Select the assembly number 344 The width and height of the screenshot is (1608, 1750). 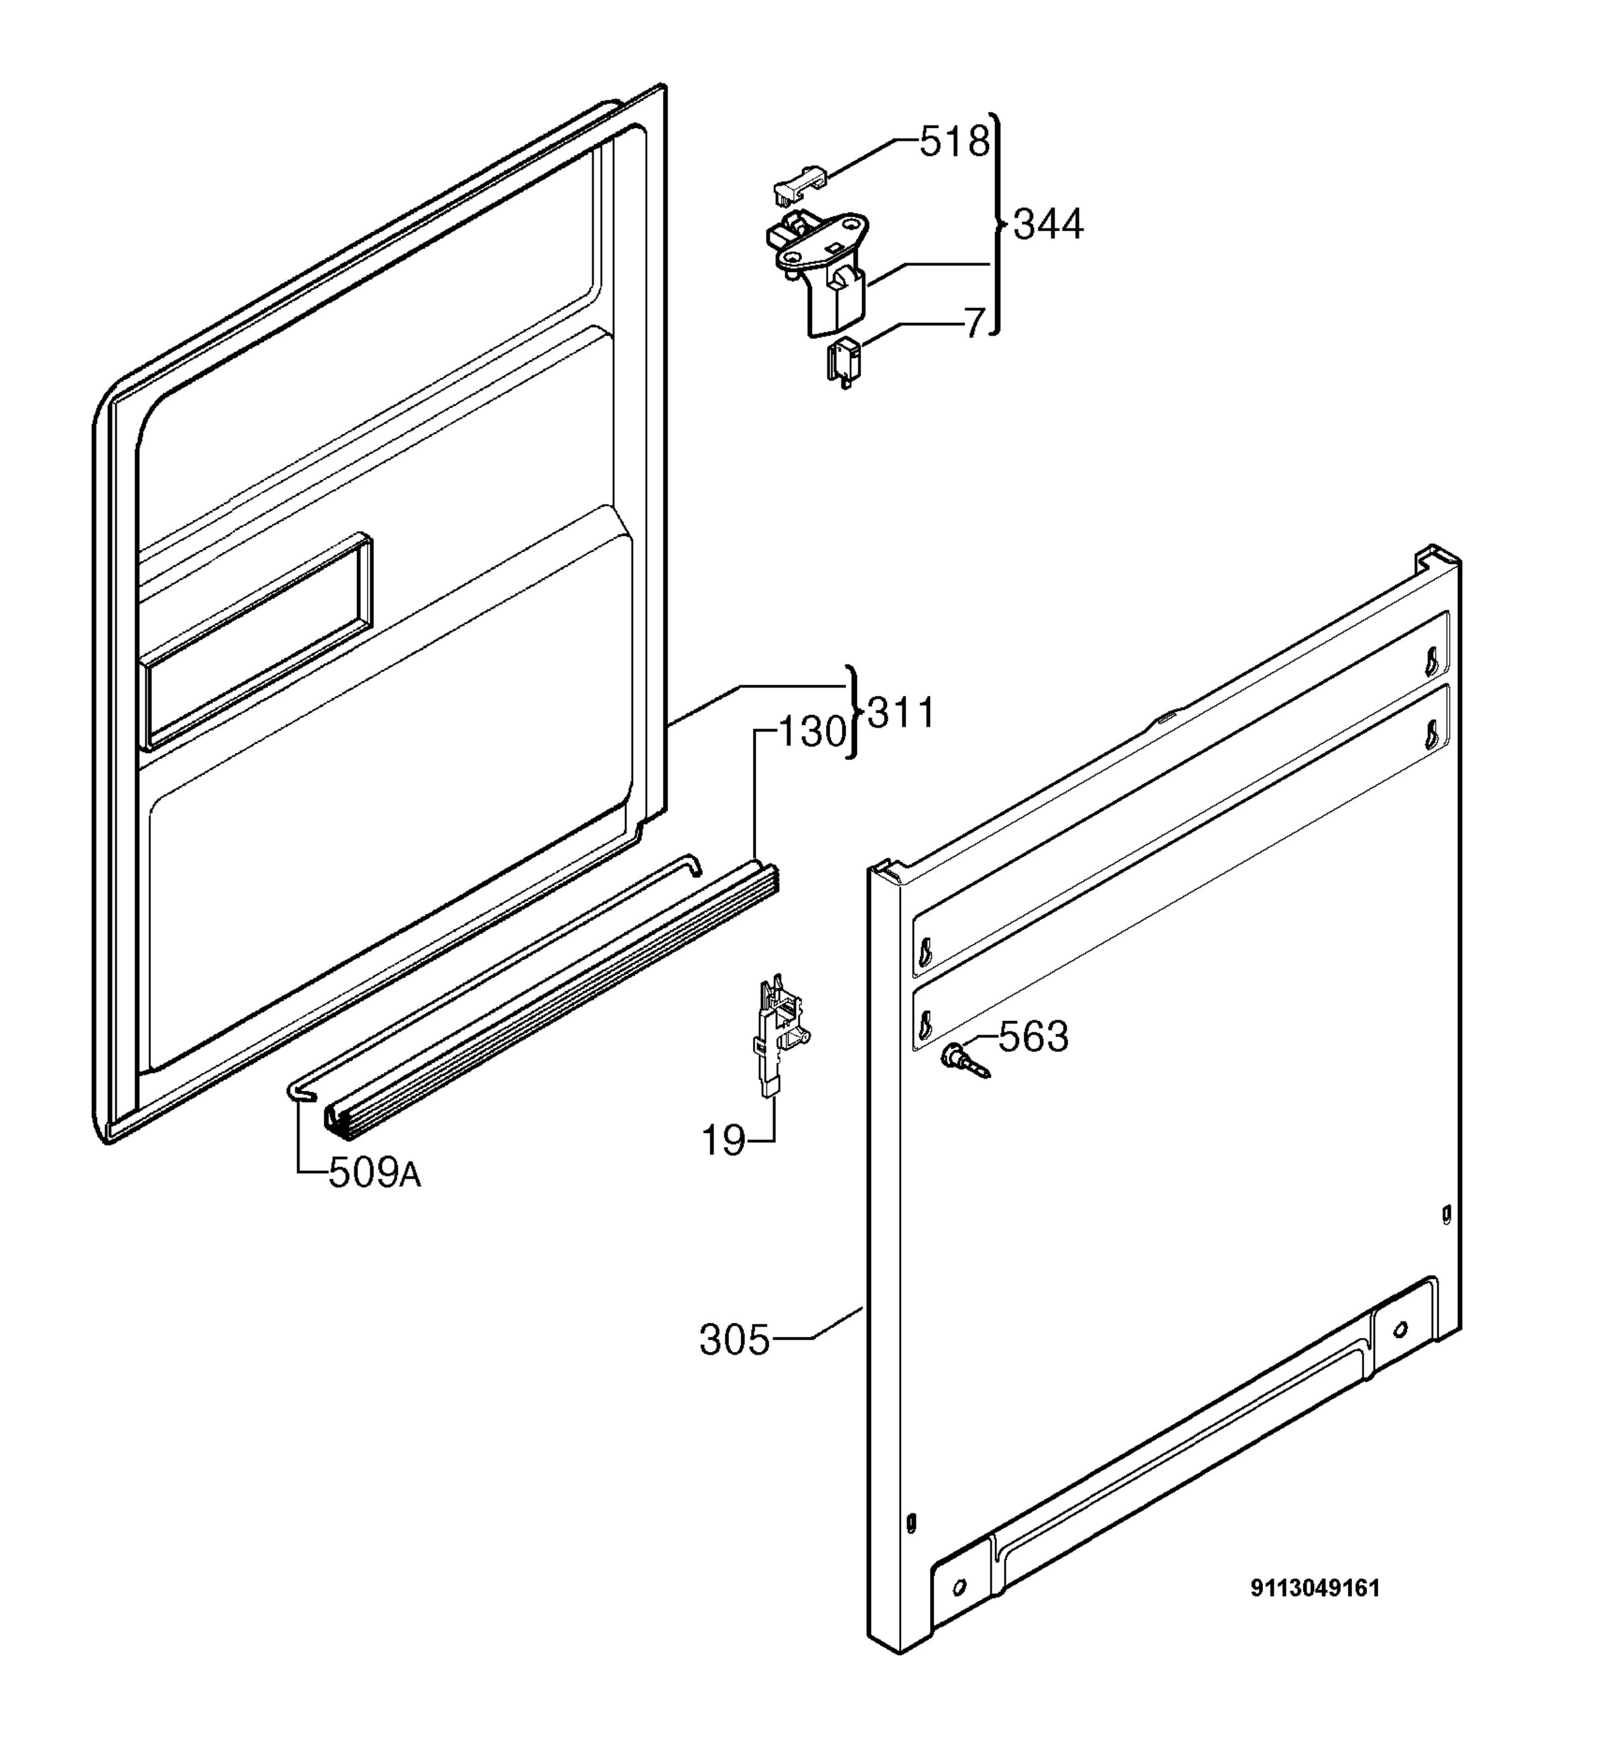click(1049, 224)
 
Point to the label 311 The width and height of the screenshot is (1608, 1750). click(900, 713)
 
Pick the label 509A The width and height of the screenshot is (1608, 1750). click(374, 1174)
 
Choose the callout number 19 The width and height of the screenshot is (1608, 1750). click(724, 1141)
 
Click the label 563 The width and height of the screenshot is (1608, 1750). click(1033, 1037)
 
